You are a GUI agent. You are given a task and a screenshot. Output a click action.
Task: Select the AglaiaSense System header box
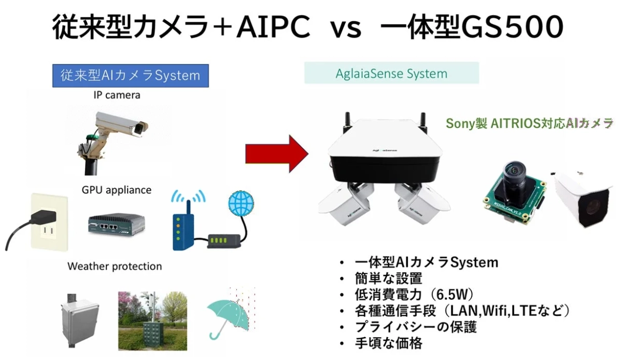(391, 73)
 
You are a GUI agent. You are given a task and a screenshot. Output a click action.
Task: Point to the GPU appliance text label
(116, 190)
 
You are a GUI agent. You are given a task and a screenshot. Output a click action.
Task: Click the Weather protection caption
(115, 266)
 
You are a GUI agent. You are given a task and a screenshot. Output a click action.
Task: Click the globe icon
(242, 203)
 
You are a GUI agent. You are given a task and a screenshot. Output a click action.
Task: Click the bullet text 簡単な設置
(389, 279)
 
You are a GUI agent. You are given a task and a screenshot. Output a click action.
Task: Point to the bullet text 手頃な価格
(389, 343)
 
